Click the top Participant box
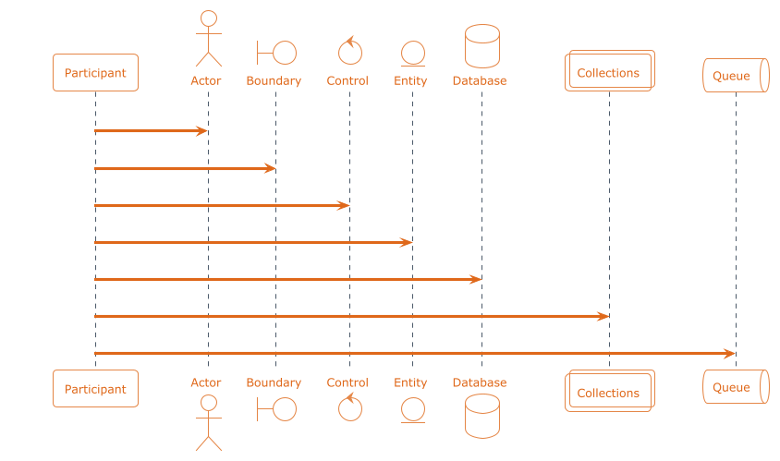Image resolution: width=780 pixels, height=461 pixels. coord(95,72)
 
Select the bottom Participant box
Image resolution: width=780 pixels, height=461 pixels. coord(95,389)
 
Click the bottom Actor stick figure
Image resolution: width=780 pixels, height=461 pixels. coord(208,422)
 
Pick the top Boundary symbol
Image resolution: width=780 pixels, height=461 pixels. coord(275,52)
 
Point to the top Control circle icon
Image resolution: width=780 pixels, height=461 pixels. coord(349,52)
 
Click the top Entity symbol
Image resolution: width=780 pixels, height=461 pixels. coord(412,54)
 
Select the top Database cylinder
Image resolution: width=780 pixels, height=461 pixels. coord(481,46)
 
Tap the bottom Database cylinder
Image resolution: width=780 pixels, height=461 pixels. coord(481,416)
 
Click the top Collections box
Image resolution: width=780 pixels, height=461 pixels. coord(609,71)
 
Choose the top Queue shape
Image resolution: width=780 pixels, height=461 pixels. coord(736,76)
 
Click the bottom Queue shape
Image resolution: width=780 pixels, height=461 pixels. coord(736,387)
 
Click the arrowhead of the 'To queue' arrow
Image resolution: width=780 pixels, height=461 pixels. coord(730,354)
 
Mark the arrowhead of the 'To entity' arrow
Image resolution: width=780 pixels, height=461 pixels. coord(407,242)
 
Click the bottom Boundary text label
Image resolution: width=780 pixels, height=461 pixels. coord(274,382)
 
